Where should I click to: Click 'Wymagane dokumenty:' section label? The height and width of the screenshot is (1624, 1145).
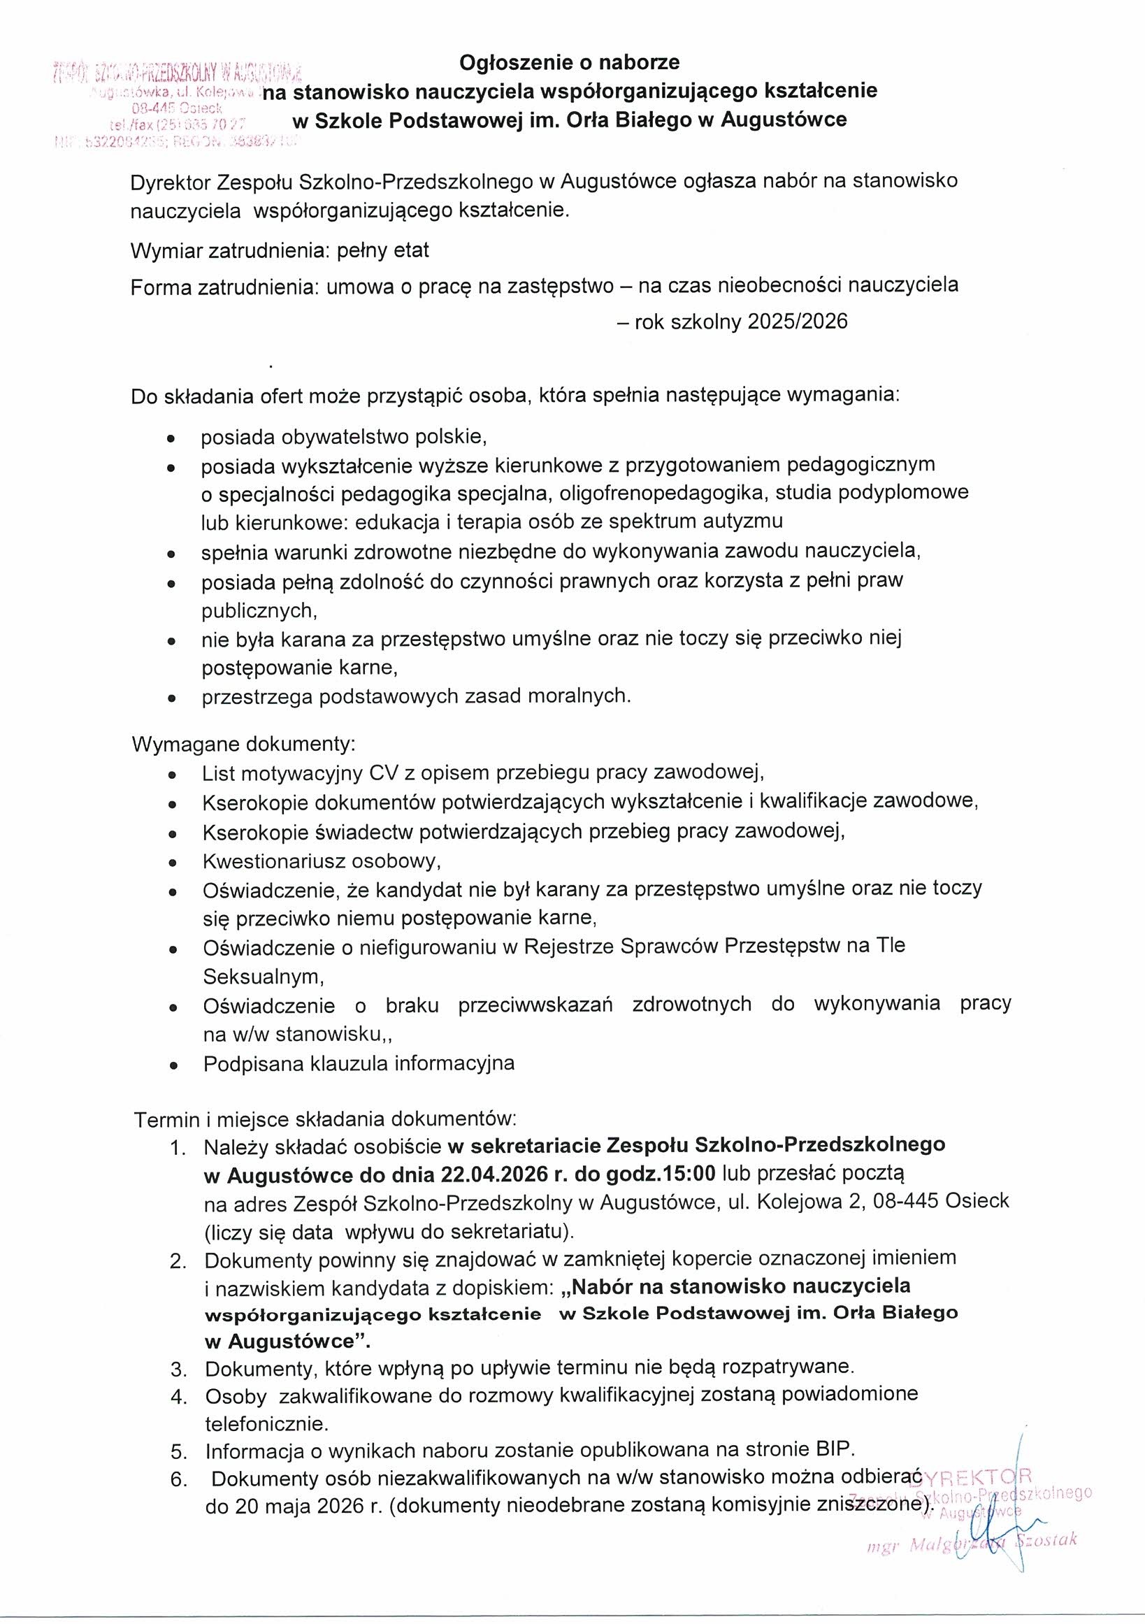point(243,745)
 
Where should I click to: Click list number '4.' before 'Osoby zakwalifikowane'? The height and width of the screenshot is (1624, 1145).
point(179,1397)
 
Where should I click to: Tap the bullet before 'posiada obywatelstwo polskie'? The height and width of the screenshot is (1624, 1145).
point(171,438)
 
